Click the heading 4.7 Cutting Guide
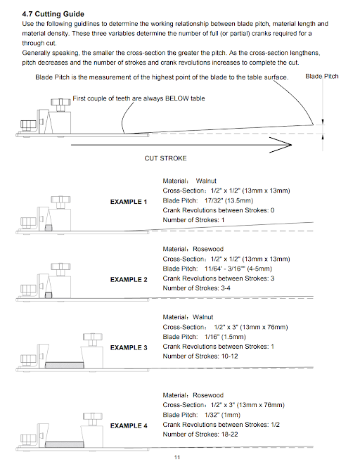(53, 14)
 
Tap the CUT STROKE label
(165, 158)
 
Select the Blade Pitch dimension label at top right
(322, 76)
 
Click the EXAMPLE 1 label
(129, 202)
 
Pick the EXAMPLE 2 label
(129, 280)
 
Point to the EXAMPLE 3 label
(129, 347)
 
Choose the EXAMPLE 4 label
(129, 425)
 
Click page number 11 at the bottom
(177, 457)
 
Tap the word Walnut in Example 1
(206, 181)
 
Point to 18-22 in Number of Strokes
(230, 435)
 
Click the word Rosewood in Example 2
(208, 249)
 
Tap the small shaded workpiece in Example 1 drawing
(49, 228)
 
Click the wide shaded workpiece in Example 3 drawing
(64, 365)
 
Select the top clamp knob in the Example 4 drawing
(93, 416)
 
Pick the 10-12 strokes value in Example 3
(230, 356)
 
